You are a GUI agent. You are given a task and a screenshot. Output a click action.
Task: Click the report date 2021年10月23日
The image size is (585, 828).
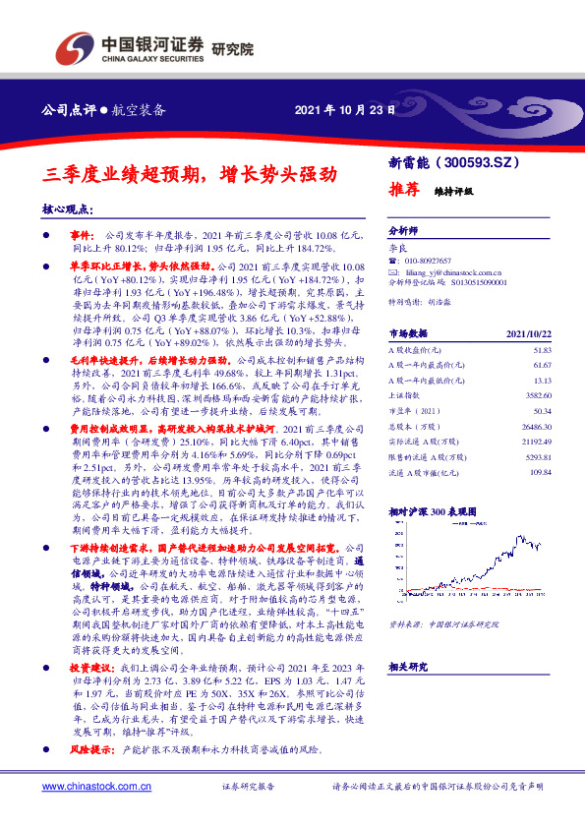345,110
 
